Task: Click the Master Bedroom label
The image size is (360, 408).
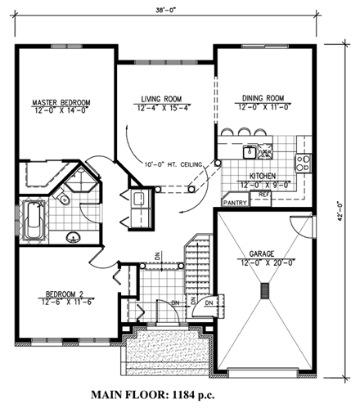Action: [x=61, y=102]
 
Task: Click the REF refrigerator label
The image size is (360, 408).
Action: [x=264, y=195]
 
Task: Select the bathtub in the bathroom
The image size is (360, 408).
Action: [x=32, y=220]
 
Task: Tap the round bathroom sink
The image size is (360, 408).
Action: [x=75, y=237]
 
